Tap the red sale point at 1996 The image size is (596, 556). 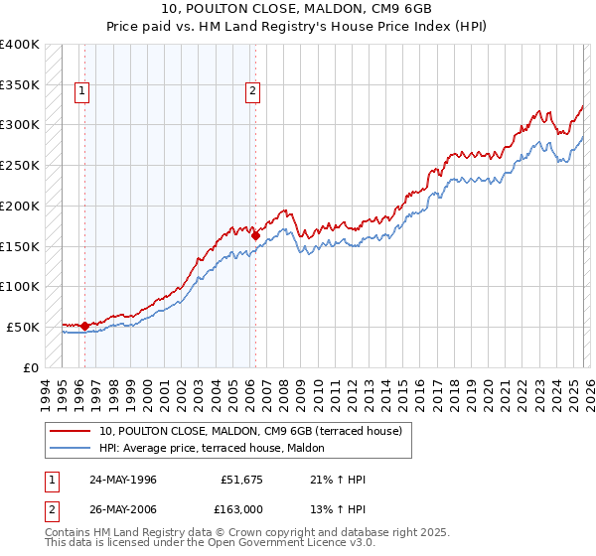point(85,325)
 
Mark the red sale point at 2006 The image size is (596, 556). point(255,235)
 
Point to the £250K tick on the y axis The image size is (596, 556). point(21,165)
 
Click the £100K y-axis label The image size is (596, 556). point(21,286)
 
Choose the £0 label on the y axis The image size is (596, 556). point(31,367)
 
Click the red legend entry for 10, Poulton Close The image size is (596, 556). point(250,431)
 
